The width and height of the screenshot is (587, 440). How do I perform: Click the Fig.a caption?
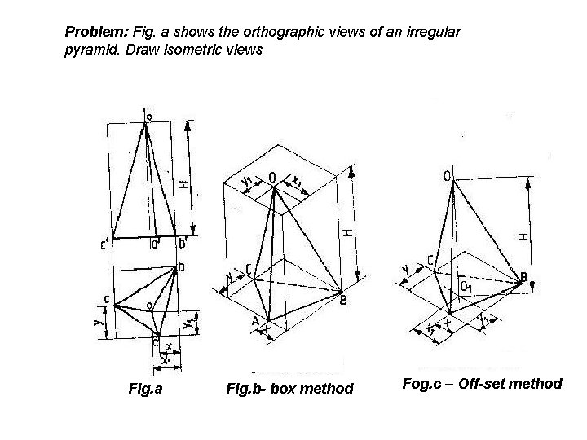pos(145,388)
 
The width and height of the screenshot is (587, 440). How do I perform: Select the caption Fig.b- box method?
pos(289,388)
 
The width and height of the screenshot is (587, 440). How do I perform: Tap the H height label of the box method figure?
pos(347,233)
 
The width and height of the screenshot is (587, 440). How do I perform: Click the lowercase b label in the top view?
pos(181,266)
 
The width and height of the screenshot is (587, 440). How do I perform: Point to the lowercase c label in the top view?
pos(107,298)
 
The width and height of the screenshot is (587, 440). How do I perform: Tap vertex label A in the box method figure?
pos(255,322)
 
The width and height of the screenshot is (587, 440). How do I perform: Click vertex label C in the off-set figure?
pos(429,259)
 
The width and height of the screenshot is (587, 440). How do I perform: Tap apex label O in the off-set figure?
pos(448,175)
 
